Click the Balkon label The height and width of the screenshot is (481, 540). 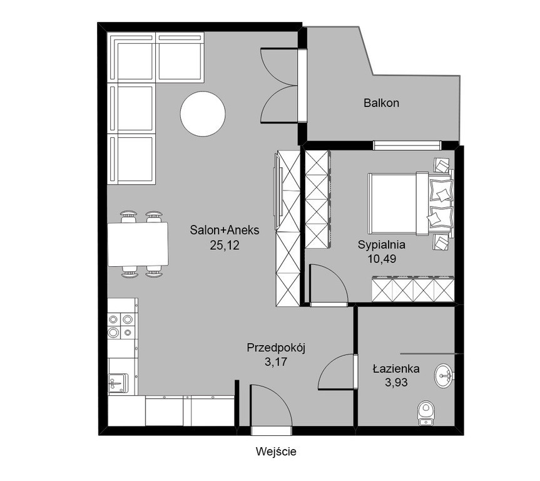pyautogui.click(x=381, y=103)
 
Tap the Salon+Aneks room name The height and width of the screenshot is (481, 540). pyautogui.click(x=225, y=230)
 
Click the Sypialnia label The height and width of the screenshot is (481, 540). pyautogui.click(x=382, y=245)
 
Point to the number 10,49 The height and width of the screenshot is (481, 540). pyautogui.click(x=382, y=259)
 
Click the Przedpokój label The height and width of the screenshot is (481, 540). pyautogui.click(x=276, y=348)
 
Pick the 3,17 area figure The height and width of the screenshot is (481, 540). pyautogui.click(x=276, y=362)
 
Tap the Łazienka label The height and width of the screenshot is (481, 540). pyautogui.click(x=396, y=369)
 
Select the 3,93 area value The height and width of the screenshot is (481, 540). pyautogui.click(x=396, y=383)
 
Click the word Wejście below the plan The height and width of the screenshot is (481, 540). pyautogui.click(x=276, y=452)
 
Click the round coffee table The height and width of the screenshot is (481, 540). pyautogui.click(x=203, y=113)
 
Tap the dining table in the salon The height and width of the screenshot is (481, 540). pyautogui.click(x=138, y=244)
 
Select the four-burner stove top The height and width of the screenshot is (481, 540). pyautogui.click(x=121, y=326)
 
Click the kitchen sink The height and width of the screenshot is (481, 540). pyautogui.click(x=117, y=383)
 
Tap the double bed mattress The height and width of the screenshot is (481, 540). pyautogui.click(x=392, y=204)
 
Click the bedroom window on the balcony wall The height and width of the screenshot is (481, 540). pyautogui.click(x=407, y=145)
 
